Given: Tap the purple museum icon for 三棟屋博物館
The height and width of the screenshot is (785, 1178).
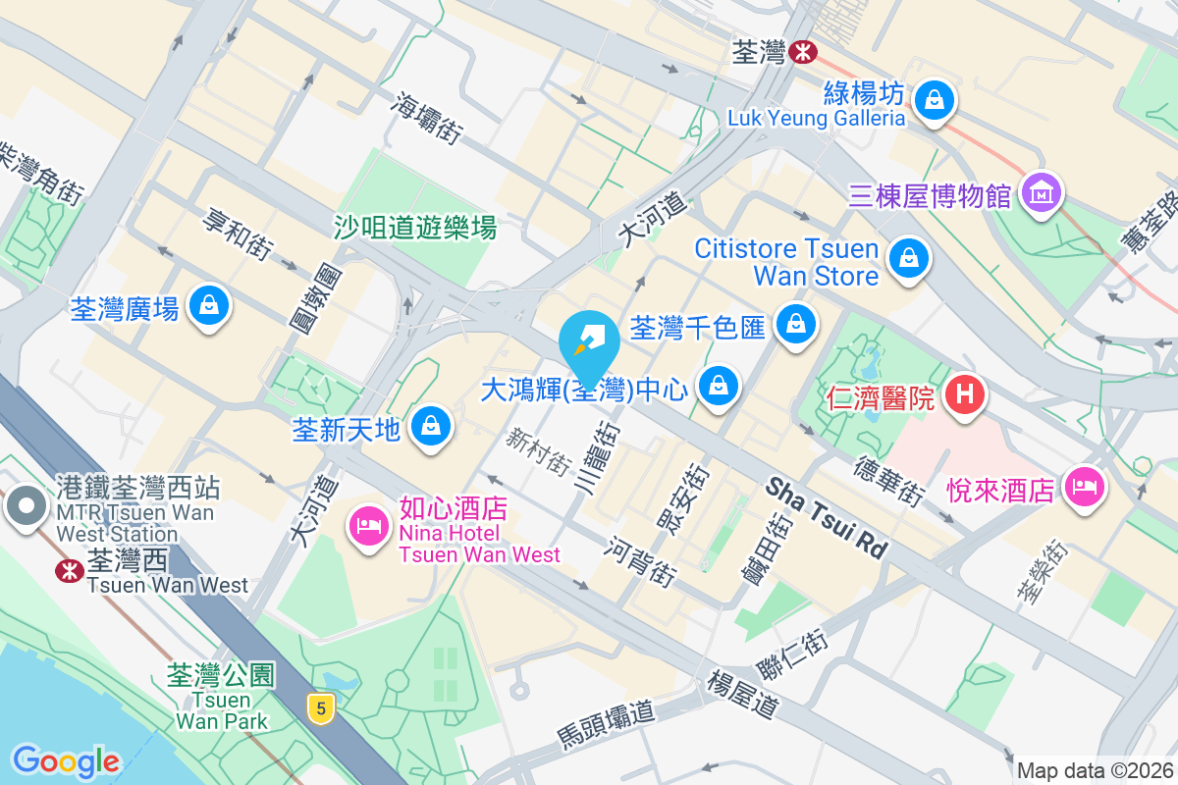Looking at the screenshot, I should point(1043,193).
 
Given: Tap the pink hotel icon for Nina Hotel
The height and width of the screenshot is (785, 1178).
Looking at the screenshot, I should point(369,526).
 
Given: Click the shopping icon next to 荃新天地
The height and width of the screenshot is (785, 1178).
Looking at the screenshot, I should point(429,426).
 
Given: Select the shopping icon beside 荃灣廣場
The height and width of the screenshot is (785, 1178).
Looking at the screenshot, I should point(208,306).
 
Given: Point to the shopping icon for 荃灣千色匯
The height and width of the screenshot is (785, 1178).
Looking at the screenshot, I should point(796,324).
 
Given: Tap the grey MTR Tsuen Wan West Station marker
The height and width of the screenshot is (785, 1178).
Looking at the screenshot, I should point(27,507).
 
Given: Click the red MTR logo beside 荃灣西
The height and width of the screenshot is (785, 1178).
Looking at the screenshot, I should point(70,570).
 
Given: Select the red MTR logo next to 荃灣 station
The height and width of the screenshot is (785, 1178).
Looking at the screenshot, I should point(803,50).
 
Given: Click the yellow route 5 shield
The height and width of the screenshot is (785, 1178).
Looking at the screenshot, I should point(316,706).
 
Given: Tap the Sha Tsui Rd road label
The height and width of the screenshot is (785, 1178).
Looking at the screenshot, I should point(827,518).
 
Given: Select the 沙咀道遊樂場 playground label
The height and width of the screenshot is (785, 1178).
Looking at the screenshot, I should point(415,228).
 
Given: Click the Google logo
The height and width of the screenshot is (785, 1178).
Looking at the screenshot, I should point(66,760).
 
